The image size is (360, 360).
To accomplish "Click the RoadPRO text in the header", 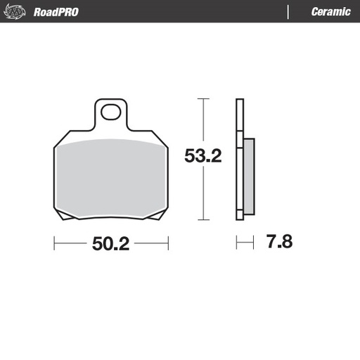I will point(56,12).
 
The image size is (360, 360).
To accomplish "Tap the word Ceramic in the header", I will point(330,12).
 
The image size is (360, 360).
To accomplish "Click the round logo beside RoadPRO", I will point(17,12).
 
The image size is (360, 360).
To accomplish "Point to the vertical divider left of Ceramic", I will point(289,12).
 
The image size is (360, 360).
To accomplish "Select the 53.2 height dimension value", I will point(202,155).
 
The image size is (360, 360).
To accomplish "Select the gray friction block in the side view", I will point(248,176).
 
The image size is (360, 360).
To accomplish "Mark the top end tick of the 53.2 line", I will point(202,99).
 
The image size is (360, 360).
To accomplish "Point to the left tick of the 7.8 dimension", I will point(236,243).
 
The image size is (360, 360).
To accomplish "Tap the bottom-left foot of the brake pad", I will point(67,215).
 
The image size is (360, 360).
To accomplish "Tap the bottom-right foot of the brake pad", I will point(155,215).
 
